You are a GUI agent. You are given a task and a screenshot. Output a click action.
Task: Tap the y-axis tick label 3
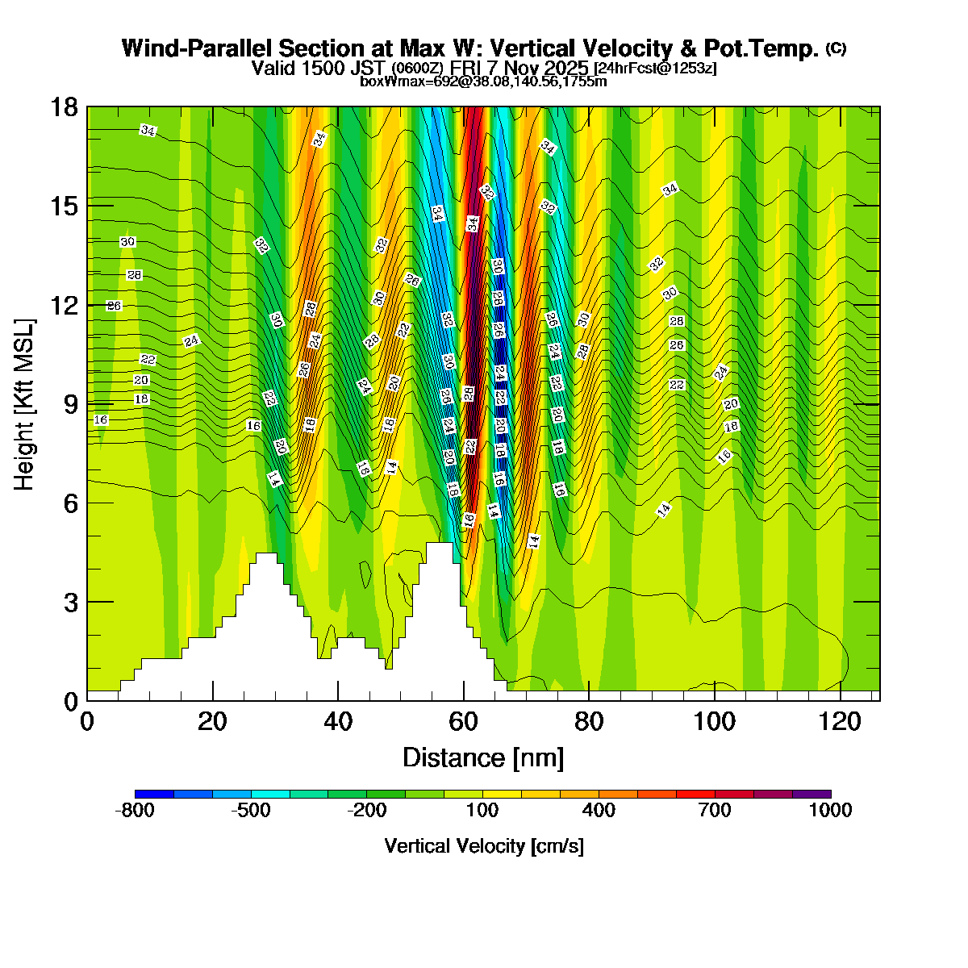pyautogui.click(x=71, y=602)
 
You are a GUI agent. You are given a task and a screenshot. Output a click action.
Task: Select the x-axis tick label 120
pyautogui.click(x=841, y=721)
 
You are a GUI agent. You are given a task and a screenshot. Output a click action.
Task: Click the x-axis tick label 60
pyautogui.click(x=464, y=721)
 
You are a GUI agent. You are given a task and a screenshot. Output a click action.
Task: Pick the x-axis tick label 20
pyautogui.click(x=212, y=721)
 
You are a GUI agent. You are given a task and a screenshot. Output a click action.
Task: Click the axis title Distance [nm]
pyautogui.click(x=482, y=757)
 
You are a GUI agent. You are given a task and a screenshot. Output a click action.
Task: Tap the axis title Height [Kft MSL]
pyautogui.click(x=25, y=404)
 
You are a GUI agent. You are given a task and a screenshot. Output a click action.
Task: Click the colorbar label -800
pyautogui.click(x=135, y=811)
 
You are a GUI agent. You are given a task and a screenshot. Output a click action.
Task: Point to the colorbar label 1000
pyautogui.click(x=831, y=811)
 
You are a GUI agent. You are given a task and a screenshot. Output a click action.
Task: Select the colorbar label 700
pyautogui.click(x=715, y=811)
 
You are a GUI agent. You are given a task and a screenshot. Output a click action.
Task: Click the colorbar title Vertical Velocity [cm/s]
pyautogui.click(x=483, y=846)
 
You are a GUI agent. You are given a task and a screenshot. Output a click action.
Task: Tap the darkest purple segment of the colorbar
pyautogui.click(x=812, y=794)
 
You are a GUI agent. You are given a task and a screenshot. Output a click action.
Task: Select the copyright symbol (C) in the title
pyautogui.click(x=836, y=48)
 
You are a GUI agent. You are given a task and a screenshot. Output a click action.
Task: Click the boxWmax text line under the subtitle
pyautogui.click(x=483, y=81)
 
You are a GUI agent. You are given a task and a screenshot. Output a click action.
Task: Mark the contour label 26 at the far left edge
pyautogui.click(x=114, y=306)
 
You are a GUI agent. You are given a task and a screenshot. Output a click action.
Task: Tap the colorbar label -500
pyautogui.click(x=251, y=811)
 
